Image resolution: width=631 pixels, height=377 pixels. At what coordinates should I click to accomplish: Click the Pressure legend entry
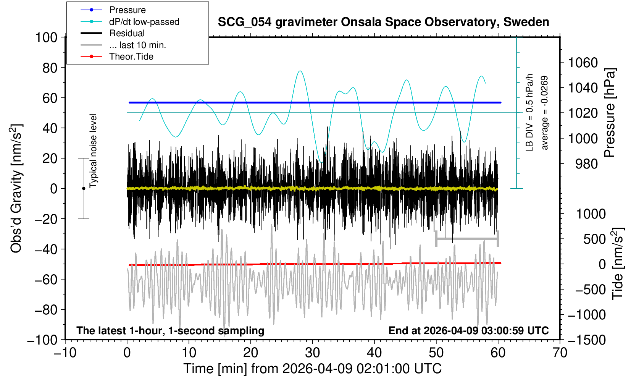point(127,10)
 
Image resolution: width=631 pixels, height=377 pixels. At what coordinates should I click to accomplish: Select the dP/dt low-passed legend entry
point(144,22)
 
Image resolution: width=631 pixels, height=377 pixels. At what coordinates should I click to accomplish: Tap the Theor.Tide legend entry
point(131,57)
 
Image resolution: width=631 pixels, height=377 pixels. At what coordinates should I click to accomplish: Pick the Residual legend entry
point(127,33)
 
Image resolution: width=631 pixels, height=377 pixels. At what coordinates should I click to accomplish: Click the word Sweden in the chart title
point(526,22)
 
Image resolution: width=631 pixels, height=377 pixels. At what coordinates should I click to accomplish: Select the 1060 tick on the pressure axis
point(583,62)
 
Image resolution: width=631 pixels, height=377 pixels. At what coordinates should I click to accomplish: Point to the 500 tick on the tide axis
point(594,239)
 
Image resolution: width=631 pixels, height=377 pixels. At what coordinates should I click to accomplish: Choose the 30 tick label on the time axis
point(312,352)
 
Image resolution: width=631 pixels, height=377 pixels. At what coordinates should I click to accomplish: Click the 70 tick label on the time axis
point(560,352)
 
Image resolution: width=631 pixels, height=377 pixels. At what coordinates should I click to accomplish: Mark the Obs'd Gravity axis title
point(17,188)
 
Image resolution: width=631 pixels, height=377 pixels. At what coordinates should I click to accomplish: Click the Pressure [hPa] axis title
point(610,113)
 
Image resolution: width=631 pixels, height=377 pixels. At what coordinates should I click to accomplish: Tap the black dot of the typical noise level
point(84,188)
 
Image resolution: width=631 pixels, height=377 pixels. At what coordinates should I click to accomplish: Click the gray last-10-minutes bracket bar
point(467,239)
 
